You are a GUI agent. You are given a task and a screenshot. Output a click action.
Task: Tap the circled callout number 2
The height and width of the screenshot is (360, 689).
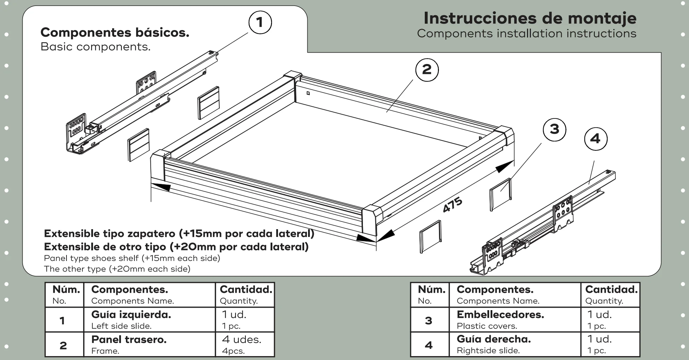coord(427,70)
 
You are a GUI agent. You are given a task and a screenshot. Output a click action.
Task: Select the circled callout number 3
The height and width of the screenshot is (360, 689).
coord(554,129)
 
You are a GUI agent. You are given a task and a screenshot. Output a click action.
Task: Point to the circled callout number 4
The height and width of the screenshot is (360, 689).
coord(596,139)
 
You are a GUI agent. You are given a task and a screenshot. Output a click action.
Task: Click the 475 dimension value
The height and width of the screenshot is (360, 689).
coord(453,205)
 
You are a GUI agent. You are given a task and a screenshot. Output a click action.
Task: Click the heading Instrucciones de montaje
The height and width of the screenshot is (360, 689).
coord(530,18)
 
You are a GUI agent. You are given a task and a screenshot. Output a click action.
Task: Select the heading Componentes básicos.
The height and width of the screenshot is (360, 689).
coord(115,33)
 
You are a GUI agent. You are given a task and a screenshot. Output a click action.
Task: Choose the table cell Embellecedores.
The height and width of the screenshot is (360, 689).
coord(515,319)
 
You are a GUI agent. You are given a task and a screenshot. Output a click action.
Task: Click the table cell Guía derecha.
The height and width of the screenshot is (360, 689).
coord(515,344)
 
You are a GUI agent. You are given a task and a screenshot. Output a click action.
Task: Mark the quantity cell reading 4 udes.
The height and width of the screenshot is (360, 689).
coord(245,344)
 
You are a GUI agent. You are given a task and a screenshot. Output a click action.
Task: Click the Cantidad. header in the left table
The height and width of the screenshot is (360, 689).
coord(245,295)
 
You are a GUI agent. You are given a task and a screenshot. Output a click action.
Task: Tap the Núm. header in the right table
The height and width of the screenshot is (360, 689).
coord(430,295)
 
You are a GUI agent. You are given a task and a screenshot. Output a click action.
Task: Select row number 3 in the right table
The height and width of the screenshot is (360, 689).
coord(428,320)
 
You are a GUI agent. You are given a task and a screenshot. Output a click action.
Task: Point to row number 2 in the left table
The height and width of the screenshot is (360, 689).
coord(63,346)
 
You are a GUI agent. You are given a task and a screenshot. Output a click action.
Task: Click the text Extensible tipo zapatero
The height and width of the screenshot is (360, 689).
coord(109,234)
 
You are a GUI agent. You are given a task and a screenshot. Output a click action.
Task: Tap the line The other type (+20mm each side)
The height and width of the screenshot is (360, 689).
coord(117,269)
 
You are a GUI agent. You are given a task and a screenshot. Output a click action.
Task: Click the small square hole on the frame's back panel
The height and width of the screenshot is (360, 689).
coord(308,93)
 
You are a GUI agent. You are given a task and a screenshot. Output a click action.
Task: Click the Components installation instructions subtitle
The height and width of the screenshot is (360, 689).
coord(527,34)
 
